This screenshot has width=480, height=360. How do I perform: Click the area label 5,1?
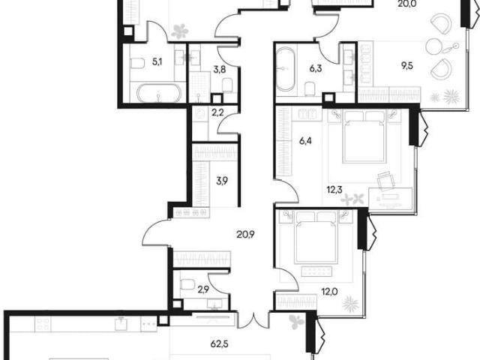(157, 62)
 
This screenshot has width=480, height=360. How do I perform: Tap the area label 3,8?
(220, 70)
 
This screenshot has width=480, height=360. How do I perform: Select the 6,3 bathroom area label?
(315, 68)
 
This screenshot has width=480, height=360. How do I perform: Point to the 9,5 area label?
(406, 65)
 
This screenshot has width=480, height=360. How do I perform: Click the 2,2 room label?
(217, 113)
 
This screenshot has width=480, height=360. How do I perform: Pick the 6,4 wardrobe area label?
(305, 141)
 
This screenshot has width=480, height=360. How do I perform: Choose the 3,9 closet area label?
(222, 181)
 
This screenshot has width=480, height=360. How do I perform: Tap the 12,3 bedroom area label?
(334, 190)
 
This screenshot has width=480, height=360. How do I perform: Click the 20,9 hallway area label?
(245, 235)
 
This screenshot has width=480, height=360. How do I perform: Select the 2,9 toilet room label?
(203, 289)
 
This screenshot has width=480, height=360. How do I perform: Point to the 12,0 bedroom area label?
(330, 292)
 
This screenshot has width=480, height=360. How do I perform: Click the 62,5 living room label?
(220, 344)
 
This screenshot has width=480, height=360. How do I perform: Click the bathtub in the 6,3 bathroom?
(286, 69)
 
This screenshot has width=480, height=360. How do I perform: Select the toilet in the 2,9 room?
(186, 284)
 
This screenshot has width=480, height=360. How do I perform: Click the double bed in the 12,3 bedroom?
(364, 136)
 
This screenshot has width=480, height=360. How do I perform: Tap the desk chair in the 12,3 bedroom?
(386, 181)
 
